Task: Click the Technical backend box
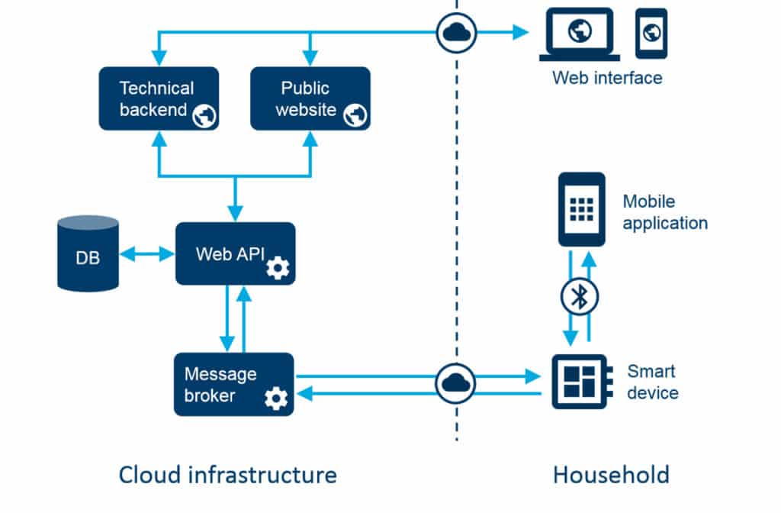159,98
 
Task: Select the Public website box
310,98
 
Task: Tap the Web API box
235,253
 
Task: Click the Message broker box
233,384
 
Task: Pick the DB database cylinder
88,253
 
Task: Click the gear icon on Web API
277,268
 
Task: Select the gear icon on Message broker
275,398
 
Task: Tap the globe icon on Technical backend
204,115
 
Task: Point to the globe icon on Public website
355,115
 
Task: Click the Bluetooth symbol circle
580,298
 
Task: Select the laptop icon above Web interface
580,34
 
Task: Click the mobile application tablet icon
581,209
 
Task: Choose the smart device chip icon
580,382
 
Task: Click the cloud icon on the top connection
456,32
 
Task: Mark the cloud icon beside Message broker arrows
455,383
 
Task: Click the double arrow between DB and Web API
146,253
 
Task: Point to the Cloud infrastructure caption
227,474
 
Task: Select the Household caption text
611,474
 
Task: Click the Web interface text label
607,77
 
